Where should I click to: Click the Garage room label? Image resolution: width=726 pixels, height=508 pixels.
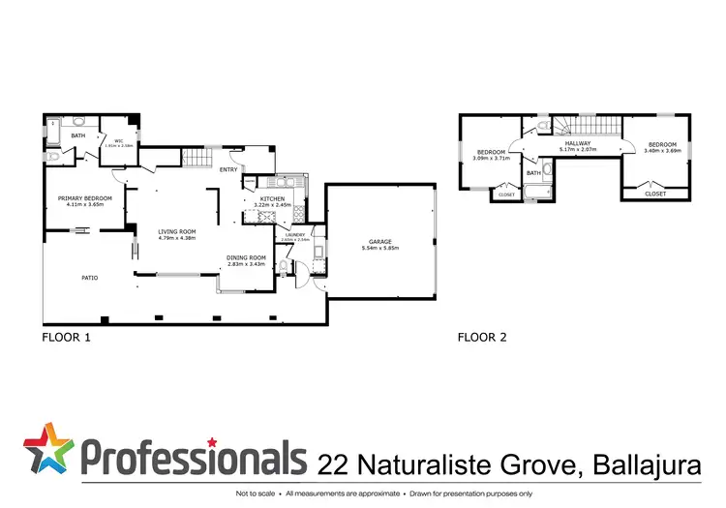click(379, 241)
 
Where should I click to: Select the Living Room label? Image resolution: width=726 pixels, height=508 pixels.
click(177, 231)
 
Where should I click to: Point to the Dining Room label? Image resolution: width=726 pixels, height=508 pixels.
click(246, 256)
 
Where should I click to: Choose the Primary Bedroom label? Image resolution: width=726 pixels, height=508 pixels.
click(85, 198)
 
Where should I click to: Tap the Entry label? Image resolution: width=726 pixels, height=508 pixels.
click(228, 170)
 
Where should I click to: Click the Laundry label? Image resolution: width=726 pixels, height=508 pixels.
click(295, 234)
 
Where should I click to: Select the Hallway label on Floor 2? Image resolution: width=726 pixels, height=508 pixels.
click(577, 143)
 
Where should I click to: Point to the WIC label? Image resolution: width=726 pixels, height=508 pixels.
click(119, 141)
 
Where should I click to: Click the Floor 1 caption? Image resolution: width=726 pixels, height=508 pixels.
click(66, 339)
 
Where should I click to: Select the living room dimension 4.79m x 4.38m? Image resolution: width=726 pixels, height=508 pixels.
click(177, 238)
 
